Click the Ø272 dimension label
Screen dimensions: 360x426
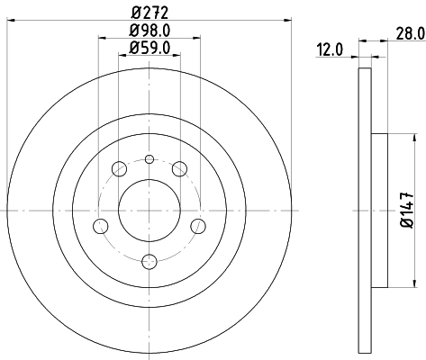point(150,13)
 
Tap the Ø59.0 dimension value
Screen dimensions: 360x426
point(150,48)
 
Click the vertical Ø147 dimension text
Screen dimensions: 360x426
point(406,210)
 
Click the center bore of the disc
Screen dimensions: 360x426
point(150,210)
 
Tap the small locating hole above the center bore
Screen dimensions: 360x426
point(150,159)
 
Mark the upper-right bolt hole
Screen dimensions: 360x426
point(181,167)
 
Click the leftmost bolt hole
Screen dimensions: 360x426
point(102,225)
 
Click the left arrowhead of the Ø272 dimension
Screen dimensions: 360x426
point(11,19)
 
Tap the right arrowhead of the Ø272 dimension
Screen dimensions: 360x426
point(289,19)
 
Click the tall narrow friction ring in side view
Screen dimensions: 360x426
point(365,210)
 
